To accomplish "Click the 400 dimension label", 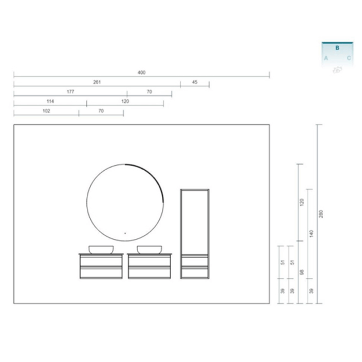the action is point(142,72).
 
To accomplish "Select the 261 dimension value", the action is point(97,82).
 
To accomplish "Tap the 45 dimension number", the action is point(195,82).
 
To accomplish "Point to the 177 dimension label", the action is point(70,92).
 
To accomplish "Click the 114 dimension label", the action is point(50,101).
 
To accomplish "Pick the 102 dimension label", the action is point(46,111).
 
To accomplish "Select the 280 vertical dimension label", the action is point(321,214).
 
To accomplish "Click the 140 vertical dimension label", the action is point(311,234).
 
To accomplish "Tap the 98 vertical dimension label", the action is point(301,272).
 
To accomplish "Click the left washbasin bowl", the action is point(101,250).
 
